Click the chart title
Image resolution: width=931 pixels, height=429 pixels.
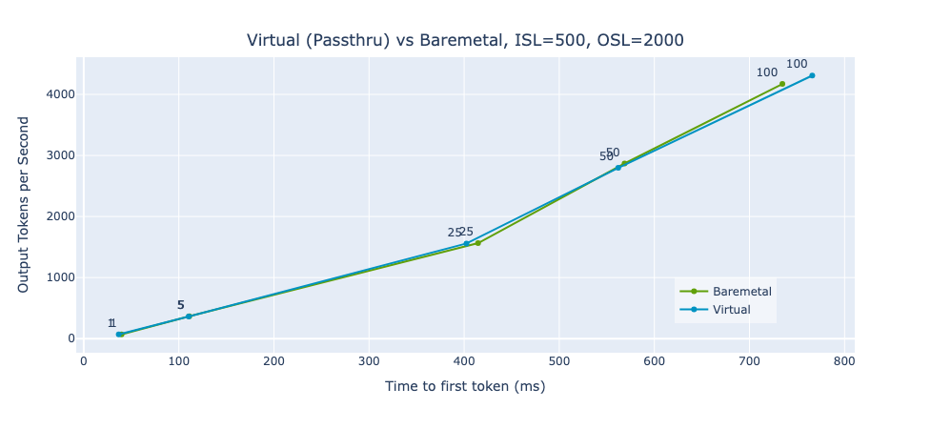pyautogui.click(x=465, y=40)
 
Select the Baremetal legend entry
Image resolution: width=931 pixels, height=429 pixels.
pyautogui.click(x=741, y=291)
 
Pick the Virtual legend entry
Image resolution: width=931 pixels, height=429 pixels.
pyautogui.click(x=731, y=310)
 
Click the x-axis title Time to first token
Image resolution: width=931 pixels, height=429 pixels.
pyautogui.click(x=465, y=386)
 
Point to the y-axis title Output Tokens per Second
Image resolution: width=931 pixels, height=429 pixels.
pyautogui.click(x=24, y=204)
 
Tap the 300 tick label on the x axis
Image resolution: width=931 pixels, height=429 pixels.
pyautogui.click(x=369, y=361)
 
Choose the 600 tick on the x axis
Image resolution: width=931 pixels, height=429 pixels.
pyautogui.click(x=654, y=361)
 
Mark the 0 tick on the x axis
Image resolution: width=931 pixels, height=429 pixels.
pyautogui.click(x=83, y=361)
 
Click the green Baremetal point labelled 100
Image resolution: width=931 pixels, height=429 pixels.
pyautogui.click(x=782, y=84)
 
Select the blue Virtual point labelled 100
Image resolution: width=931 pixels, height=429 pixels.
pyautogui.click(x=812, y=75)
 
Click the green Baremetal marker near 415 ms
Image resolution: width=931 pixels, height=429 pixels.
pyautogui.click(x=478, y=243)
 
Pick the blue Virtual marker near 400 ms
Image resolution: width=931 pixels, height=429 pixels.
pyautogui.click(x=466, y=243)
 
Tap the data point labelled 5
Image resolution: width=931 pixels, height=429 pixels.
pyautogui.click(x=189, y=317)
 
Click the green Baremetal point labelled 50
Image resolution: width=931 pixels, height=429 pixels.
pyautogui.click(x=624, y=164)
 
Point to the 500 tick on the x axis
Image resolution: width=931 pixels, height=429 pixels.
pyautogui.click(x=559, y=361)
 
